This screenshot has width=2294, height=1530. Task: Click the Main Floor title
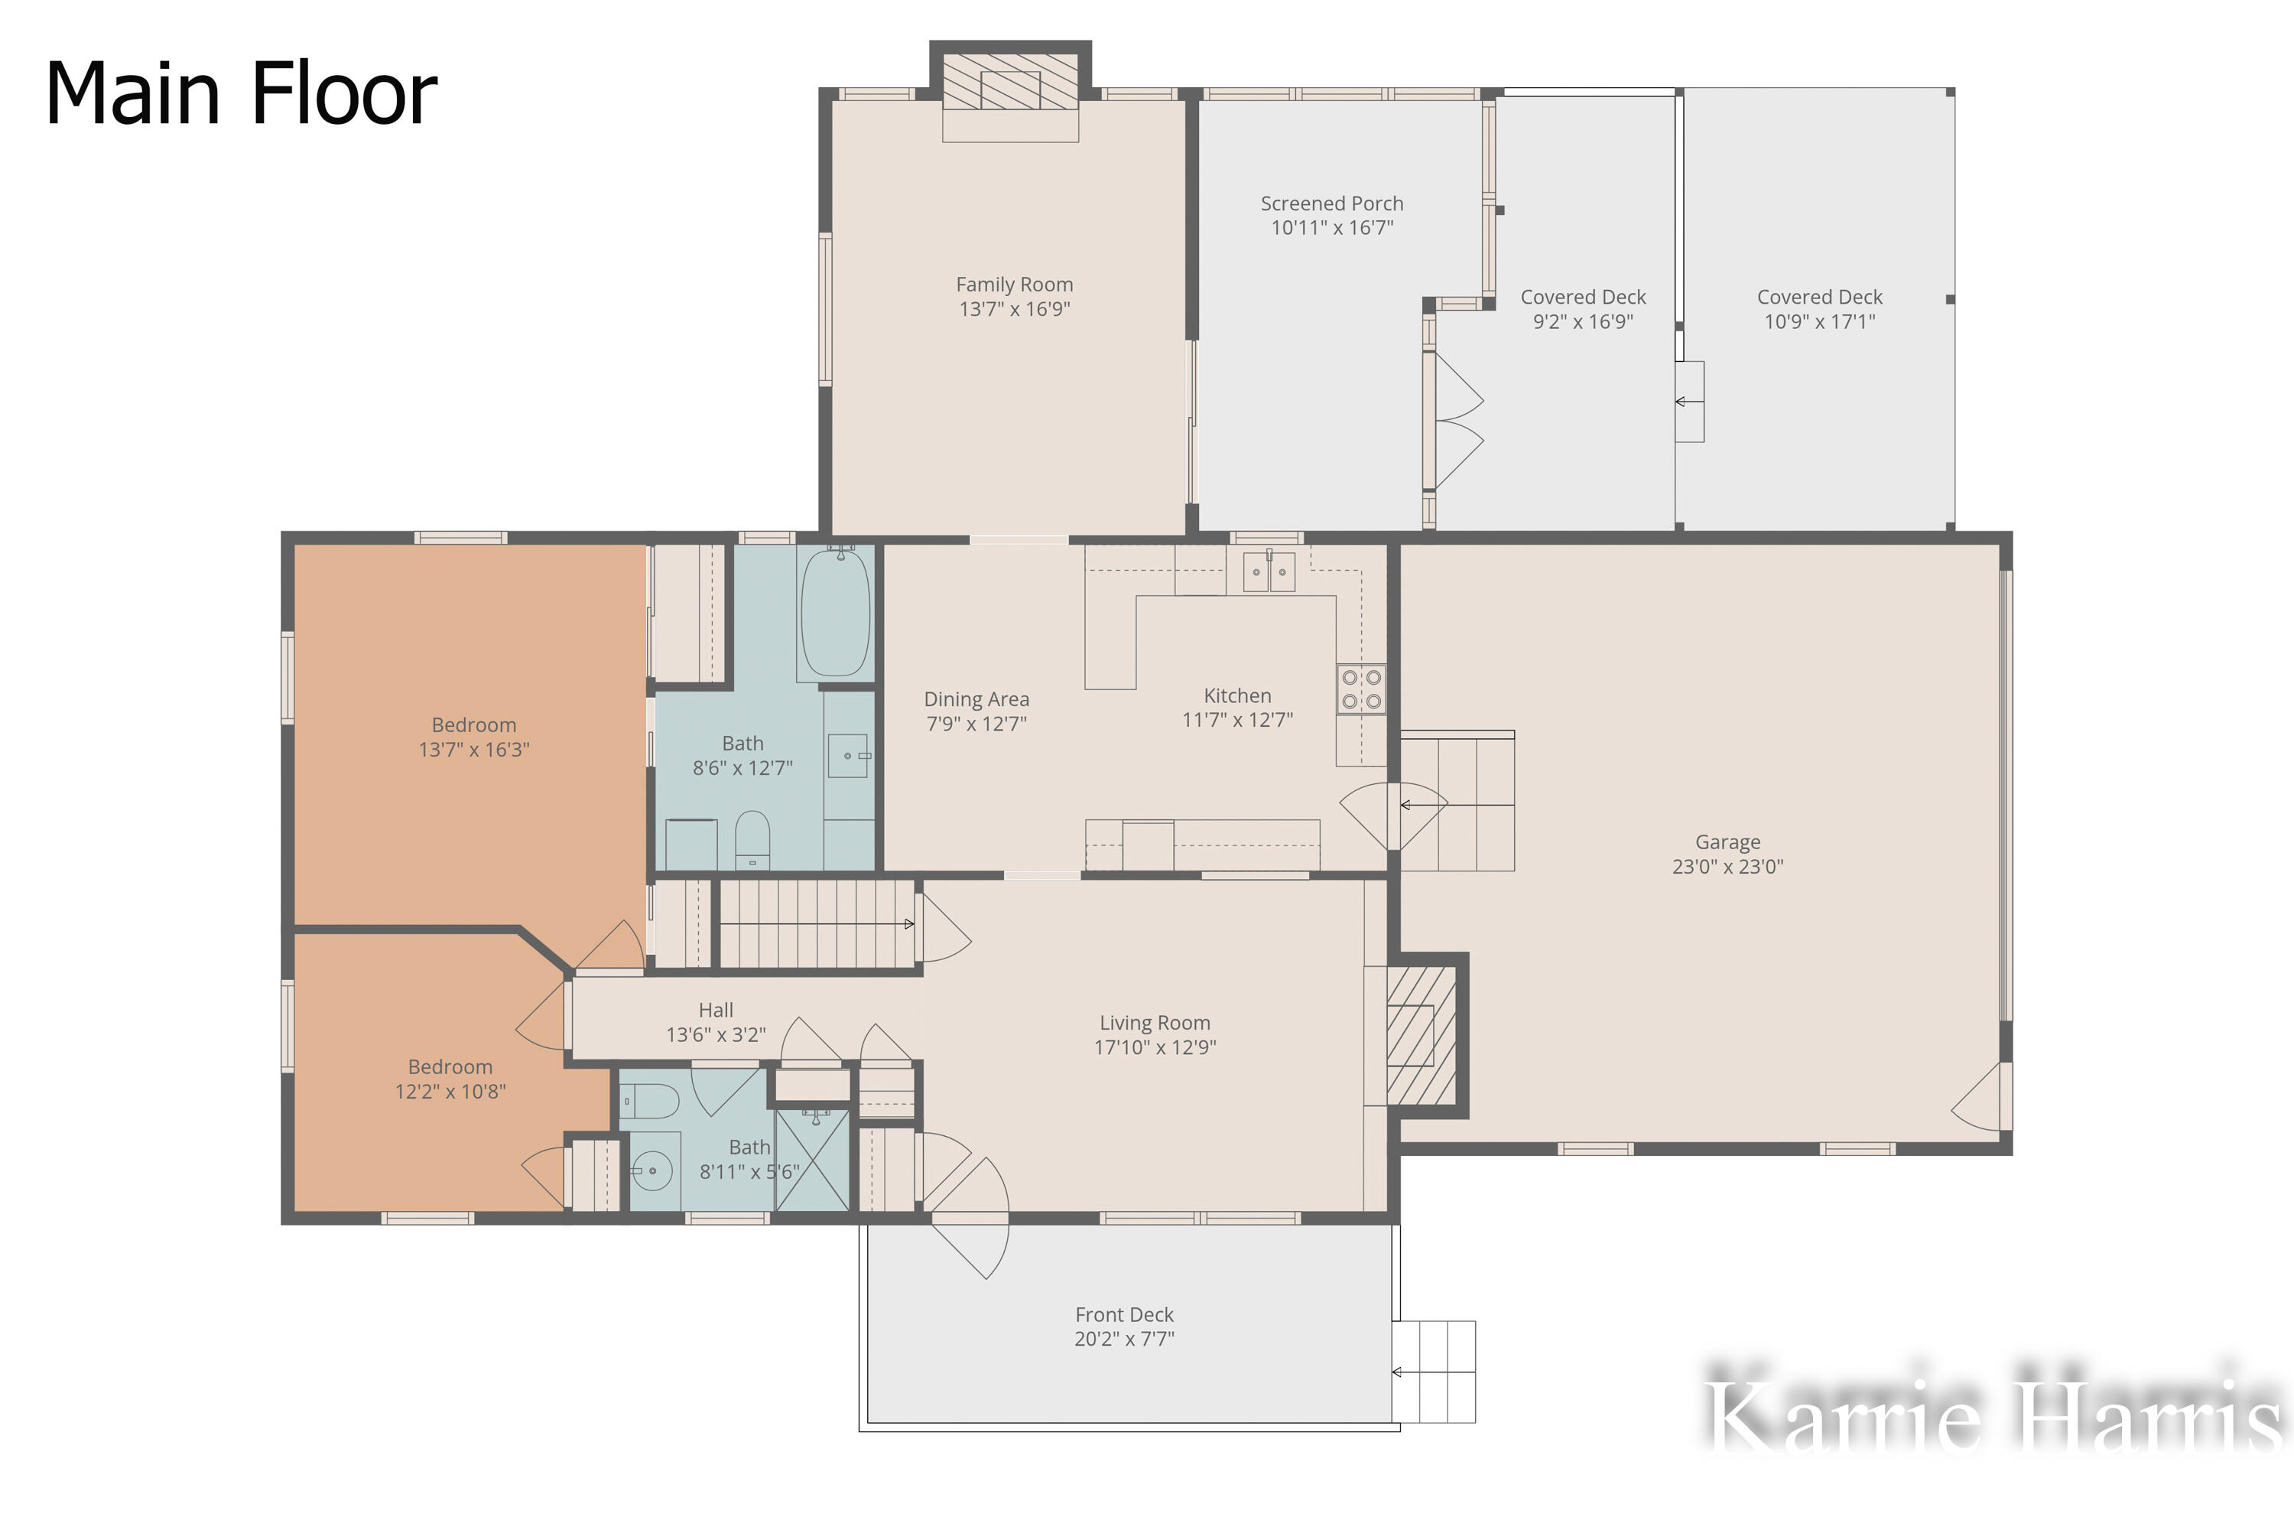coord(241,93)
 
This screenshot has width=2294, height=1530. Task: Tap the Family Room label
coord(1015,285)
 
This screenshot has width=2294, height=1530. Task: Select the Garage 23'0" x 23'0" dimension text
coord(1727,867)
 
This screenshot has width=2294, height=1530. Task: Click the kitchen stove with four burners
coord(1360,690)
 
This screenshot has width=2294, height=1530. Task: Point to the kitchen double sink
coord(1269,571)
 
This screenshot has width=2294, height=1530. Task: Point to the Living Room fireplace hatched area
coord(1420,1035)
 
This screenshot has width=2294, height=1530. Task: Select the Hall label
coord(715,1010)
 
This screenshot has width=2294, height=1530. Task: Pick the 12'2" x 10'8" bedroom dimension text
coord(450,1091)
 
